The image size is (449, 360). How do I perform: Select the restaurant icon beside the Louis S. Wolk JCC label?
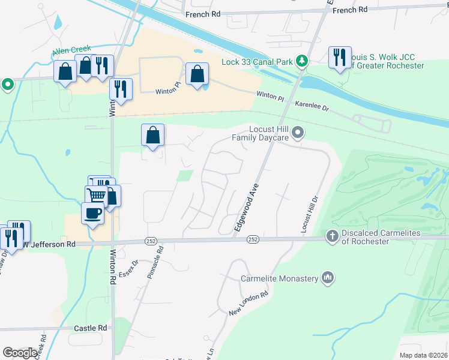pyautogui.click(x=340, y=58)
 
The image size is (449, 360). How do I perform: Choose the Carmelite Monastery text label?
pyautogui.click(x=279, y=278)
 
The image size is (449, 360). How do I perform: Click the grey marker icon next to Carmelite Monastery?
pyautogui.click(x=327, y=278)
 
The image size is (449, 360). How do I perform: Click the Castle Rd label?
pyautogui.click(x=90, y=328)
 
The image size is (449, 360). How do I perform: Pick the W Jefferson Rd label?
pyautogui.click(x=52, y=244)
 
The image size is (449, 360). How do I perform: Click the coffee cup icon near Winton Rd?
pyautogui.click(x=92, y=213)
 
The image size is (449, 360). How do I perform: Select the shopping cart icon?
pyautogui.click(x=96, y=195)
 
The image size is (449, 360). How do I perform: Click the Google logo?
pyautogui.click(x=20, y=353)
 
